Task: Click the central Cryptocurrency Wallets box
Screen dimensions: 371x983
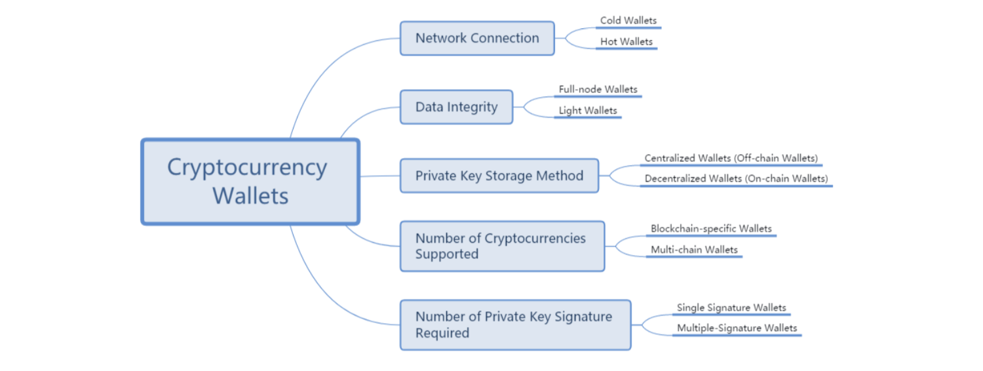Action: [250, 182]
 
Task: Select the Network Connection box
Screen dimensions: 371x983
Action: [477, 38]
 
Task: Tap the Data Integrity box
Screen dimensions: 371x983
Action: [456, 107]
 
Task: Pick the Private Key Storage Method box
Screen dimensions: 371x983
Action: [499, 176]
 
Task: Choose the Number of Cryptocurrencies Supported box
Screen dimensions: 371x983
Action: [502, 246]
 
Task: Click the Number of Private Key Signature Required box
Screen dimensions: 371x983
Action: [515, 324]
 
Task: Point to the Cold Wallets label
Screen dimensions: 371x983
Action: [628, 20]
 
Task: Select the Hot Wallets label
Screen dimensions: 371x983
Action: [626, 41]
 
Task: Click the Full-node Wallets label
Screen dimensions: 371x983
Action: [598, 89]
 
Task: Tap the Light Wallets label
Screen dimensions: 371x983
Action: [588, 110]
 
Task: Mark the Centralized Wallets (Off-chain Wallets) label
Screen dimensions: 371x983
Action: [731, 158]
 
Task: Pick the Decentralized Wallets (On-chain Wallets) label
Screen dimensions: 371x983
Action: [736, 178]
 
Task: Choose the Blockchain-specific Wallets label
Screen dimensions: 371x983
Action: [711, 229]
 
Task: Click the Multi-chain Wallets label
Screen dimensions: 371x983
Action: [694, 249]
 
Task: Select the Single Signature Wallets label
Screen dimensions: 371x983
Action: [731, 307]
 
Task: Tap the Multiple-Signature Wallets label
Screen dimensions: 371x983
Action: [737, 328]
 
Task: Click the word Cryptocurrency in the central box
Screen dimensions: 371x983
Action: [246, 167]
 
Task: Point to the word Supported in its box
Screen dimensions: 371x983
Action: [447, 254]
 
